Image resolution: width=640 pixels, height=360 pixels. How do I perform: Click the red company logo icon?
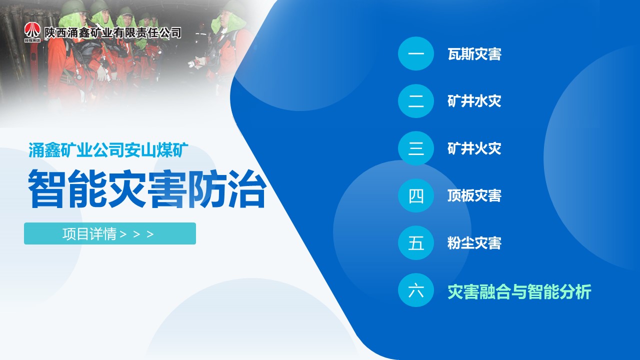click(x=32, y=32)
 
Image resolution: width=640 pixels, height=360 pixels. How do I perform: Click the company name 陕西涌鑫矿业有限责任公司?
click(x=112, y=32)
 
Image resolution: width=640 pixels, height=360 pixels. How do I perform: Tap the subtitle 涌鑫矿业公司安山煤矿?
click(x=108, y=150)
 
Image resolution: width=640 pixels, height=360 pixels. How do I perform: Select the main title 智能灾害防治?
click(x=147, y=189)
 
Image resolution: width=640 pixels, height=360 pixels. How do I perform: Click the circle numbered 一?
click(x=415, y=53)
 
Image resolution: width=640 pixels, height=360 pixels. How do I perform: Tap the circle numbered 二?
click(x=415, y=101)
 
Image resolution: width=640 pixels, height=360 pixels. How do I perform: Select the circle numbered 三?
click(x=415, y=148)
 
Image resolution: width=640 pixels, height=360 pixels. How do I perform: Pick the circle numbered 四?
click(x=415, y=195)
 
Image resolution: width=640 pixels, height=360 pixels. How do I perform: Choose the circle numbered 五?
click(x=415, y=243)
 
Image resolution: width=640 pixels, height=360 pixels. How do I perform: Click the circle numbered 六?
click(x=415, y=290)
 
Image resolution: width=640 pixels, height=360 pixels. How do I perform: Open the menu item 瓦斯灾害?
click(x=474, y=54)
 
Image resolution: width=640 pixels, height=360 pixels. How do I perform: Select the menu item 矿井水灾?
click(x=474, y=101)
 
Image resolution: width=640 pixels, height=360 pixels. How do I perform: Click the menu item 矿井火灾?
click(x=474, y=148)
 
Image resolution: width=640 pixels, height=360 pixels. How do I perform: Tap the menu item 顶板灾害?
click(x=474, y=195)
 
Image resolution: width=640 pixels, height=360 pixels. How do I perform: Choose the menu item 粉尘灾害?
click(x=474, y=243)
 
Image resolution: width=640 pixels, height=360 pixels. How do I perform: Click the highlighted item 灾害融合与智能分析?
click(x=519, y=291)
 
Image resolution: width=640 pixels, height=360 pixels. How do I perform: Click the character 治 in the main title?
click(x=247, y=189)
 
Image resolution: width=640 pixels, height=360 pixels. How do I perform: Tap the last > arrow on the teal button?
click(x=150, y=234)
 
